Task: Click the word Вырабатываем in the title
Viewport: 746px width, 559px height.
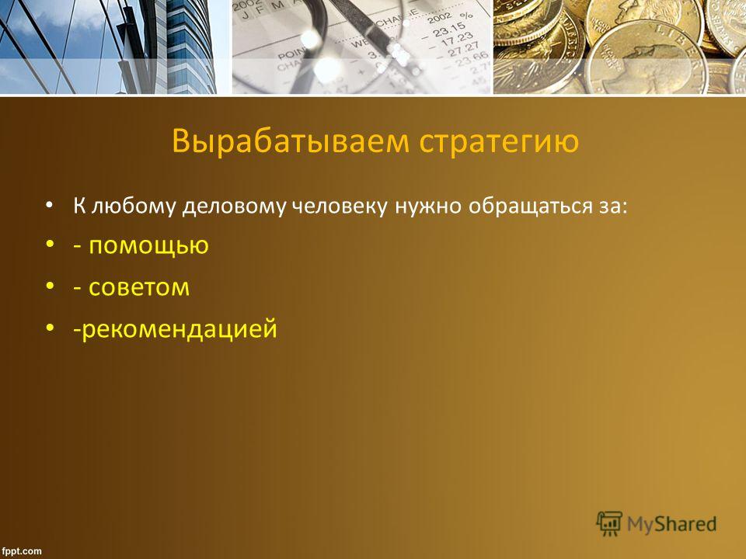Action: pyautogui.click(x=290, y=141)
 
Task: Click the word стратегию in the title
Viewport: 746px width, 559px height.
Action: pyautogui.click(x=499, y=142)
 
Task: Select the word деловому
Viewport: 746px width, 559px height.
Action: pyautogui.click(x=234, y=207)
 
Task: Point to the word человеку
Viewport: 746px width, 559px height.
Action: pyautogui.click(x=339, y=207)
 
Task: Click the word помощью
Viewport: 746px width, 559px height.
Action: pyautogui.click(x=149, y=246)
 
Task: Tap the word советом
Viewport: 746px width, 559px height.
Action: pyautogui.click(x=139, y=287)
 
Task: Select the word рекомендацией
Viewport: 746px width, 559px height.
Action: pyautogui.click(x=180, y=329)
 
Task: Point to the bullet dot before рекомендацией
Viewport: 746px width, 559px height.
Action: pyautogui.click(x=50, y=328)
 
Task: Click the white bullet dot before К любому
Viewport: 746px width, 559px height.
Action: pyautogui.click(x=50, y=205)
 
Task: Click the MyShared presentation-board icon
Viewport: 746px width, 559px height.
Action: pyautogui.click(x=609, y=524)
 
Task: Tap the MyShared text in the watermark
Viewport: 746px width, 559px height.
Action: pyautogui.click(x=671, y=524)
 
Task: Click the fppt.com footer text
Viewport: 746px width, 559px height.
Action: pyautogui.click(x=22, y=551)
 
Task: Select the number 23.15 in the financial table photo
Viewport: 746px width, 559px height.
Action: pyautogui.click(x=448, y=30)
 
